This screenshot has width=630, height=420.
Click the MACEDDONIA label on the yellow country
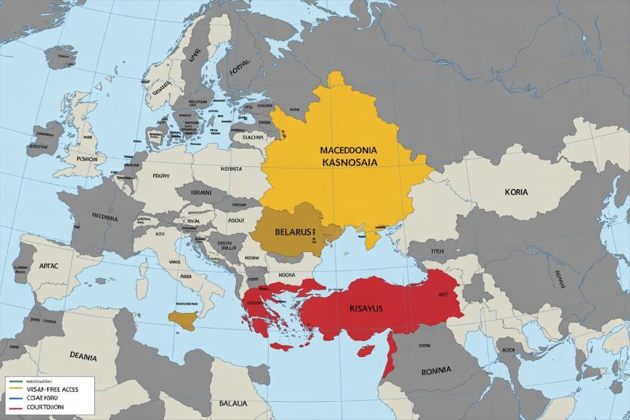(343, 149)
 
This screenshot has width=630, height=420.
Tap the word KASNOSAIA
(342, 163)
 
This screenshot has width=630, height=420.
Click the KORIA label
(518, 193)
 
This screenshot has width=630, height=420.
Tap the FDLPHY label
(162, 174)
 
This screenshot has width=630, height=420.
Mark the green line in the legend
(12, 379)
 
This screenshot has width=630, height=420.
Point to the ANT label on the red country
(443, 294)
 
